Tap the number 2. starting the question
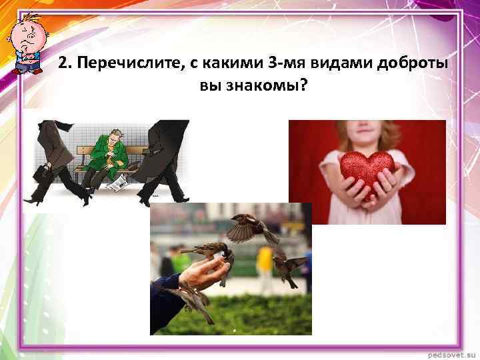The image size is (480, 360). pyautogui.click(x=64, y=64)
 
